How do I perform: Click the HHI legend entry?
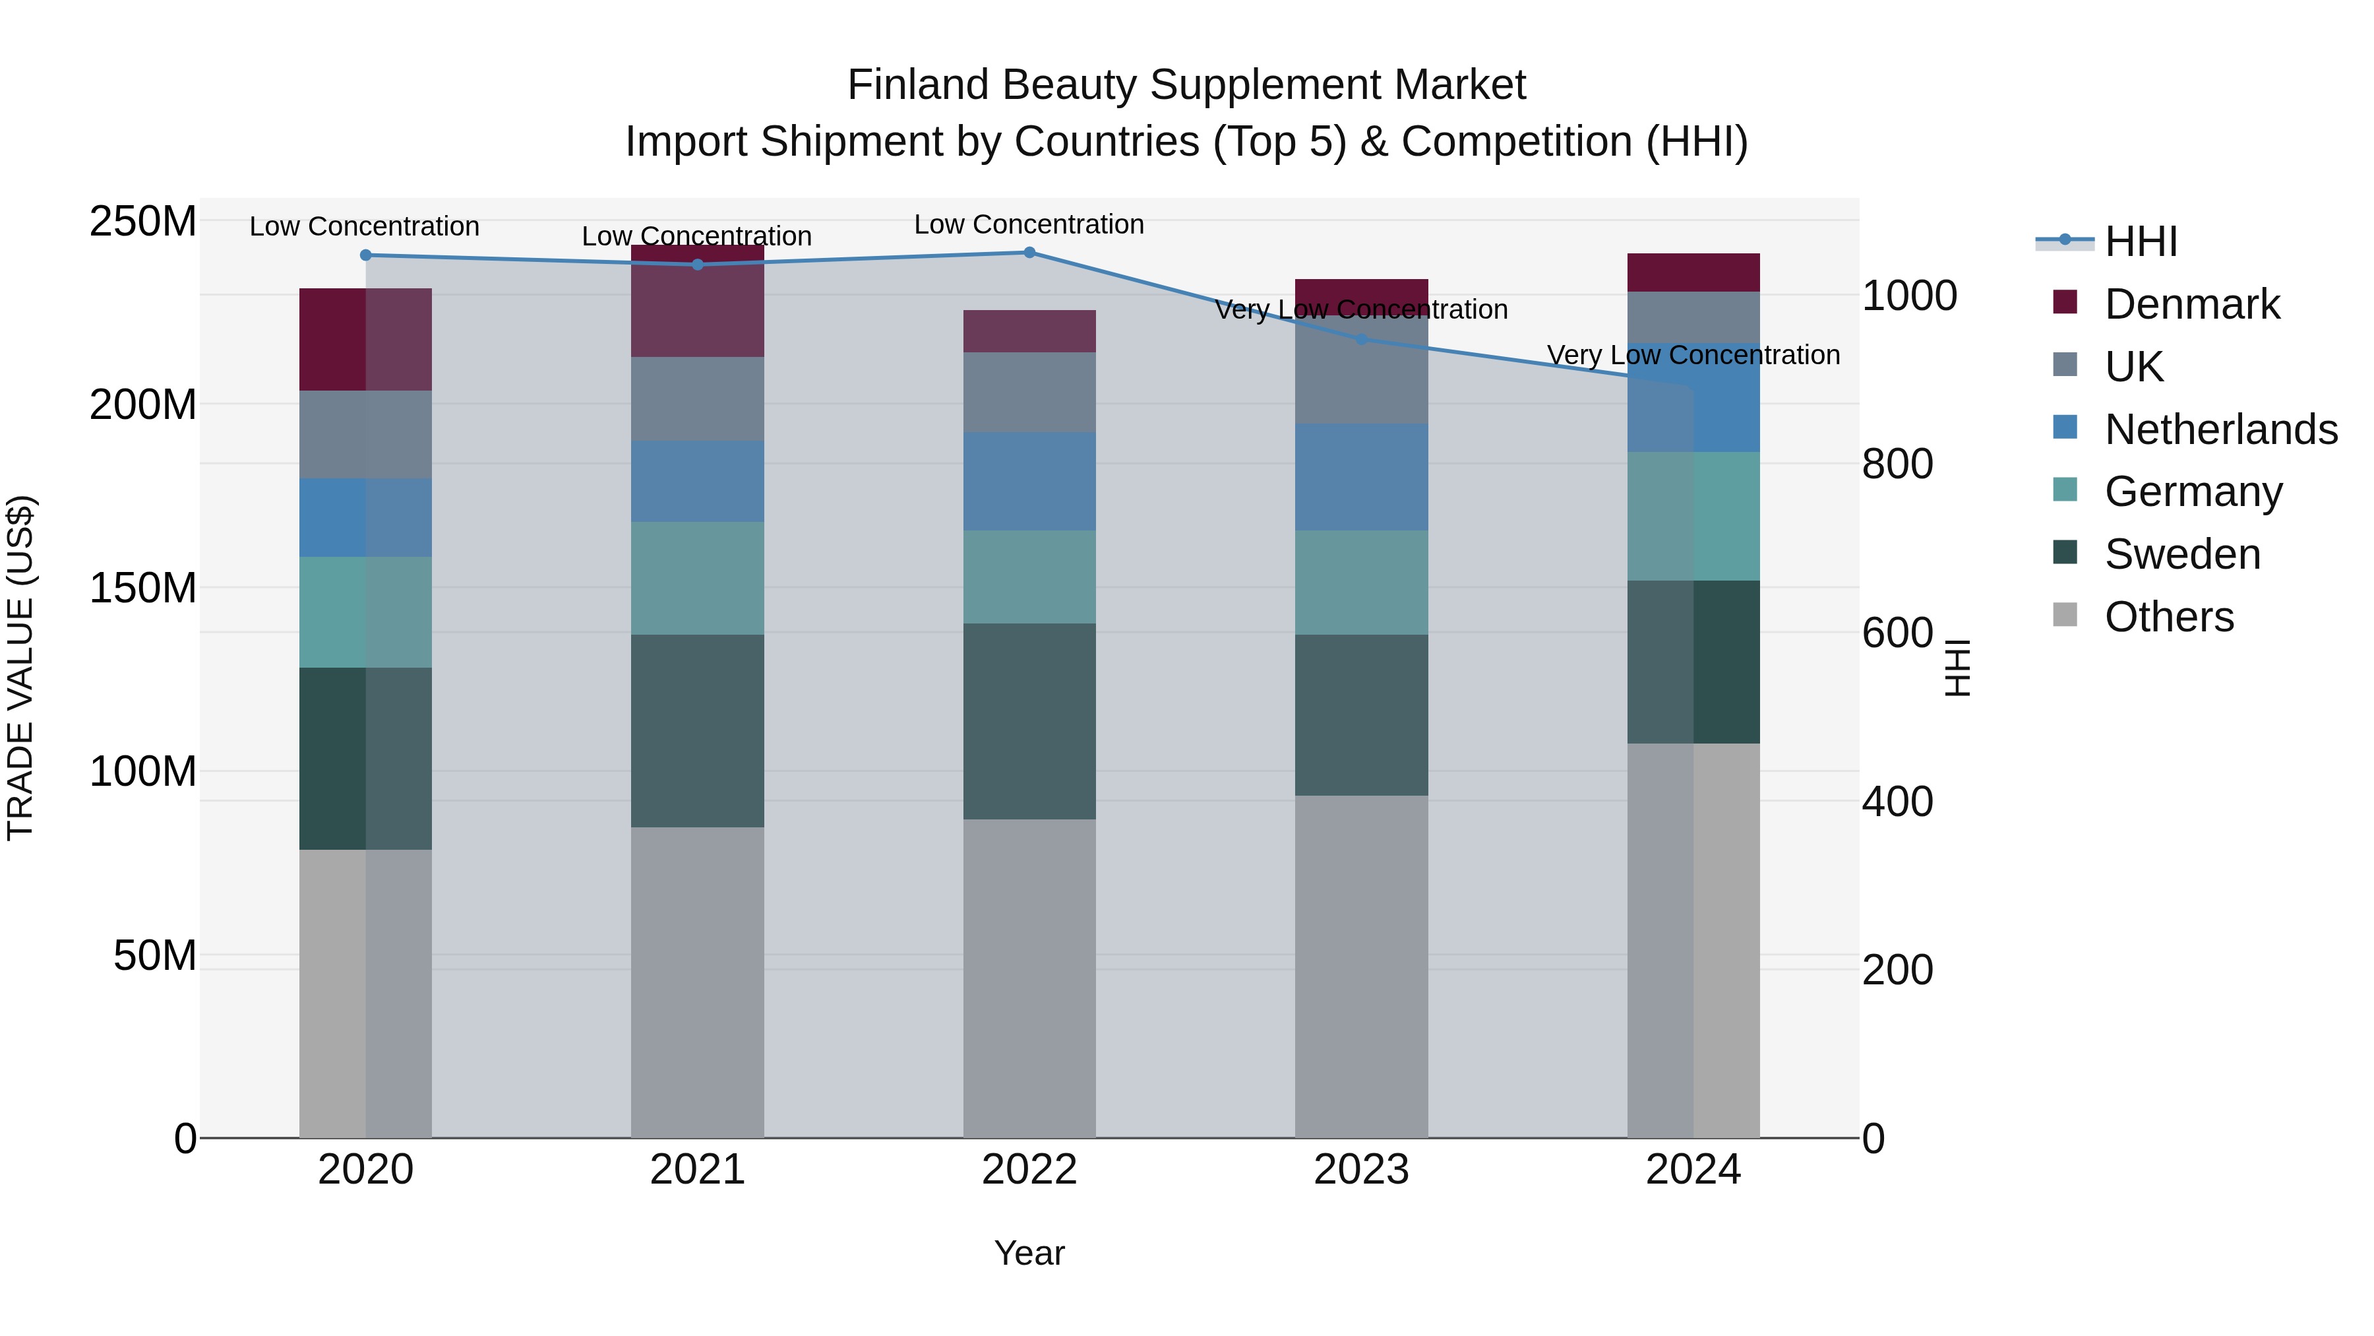pyautogui.click(x=2140, y=241)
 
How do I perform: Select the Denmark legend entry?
pyautogui.click(x=2191, y=304)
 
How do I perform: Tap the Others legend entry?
pyautogui.click(x=2168, y=617)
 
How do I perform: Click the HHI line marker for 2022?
pyautogui.click(x=1029, y=253)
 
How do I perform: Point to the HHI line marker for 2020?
pyautogui.click(x=366, y=255)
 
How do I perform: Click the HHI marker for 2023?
pyautogui.click(x=1361, y=339)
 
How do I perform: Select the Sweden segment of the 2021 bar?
pyautogui.click(x=698, y=730)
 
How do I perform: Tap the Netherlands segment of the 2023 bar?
pyautogui.click(x=1361, y=477)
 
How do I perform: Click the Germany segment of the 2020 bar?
pyautogui.click(x=366, y=612)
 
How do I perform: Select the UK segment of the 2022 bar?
pyautogui.click(x=1029, y=392)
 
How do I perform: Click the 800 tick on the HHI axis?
pyautogui.click(x=1897, y=464)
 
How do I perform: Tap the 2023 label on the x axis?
pyautogui.click(x=1361, y=1170)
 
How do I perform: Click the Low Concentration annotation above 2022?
pyautogui.click(x=1029, y=224)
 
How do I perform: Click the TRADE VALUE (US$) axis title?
pyautogui.click(x=20, y=668)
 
